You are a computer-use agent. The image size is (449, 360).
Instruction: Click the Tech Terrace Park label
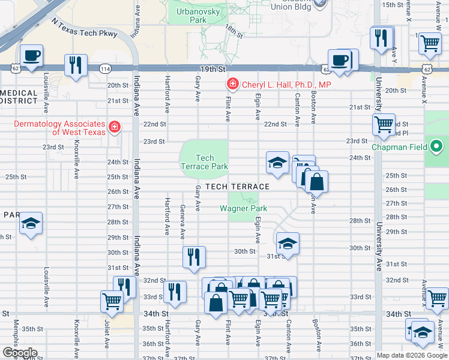click(205, 162)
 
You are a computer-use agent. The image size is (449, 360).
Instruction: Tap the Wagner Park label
click(243, 209)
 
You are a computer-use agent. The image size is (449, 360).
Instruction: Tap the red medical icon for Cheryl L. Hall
click(231, 85)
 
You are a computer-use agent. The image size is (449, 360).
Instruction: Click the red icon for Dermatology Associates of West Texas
click(113, 127)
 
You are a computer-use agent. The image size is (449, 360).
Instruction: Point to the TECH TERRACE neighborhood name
click(237, 187)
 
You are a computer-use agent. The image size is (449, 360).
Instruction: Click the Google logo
click(19, 353)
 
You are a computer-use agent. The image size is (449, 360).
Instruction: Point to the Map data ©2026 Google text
click(412, 355)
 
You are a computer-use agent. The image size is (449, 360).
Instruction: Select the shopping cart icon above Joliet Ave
click(112, 302)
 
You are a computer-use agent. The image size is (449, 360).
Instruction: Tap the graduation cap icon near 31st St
click(288, 244)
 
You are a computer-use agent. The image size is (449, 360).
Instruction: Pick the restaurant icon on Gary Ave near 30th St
click(194, 257)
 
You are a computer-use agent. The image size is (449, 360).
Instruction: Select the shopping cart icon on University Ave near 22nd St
click(384, 125)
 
